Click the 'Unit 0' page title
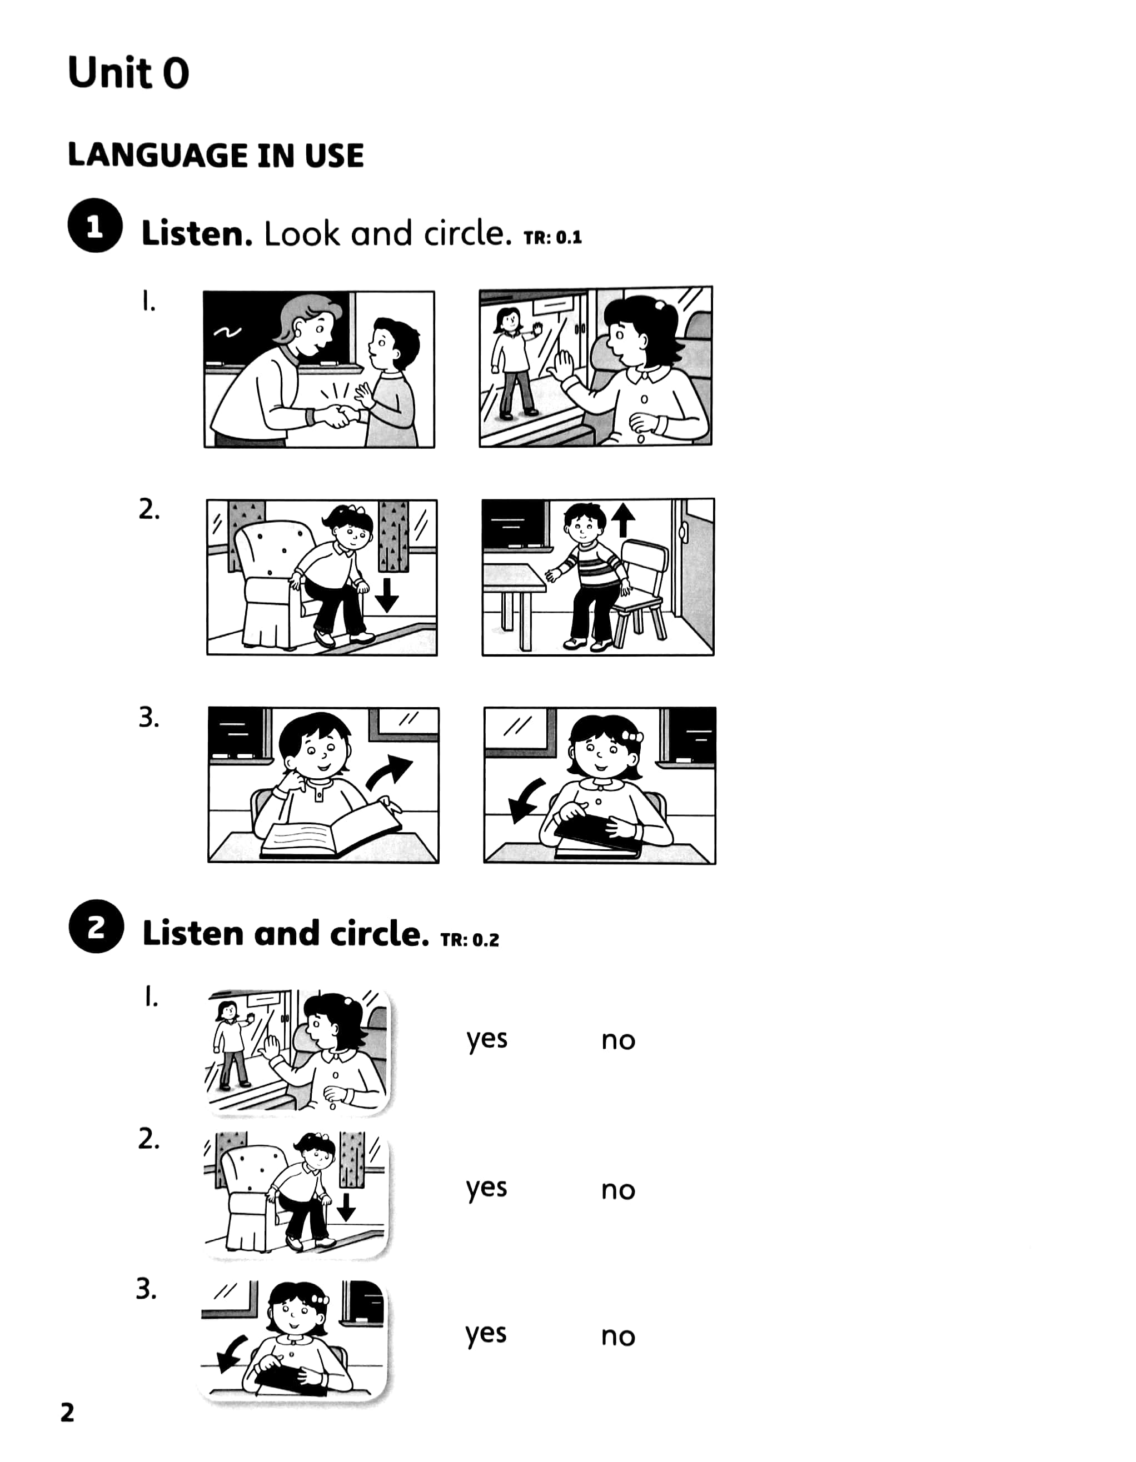pos(128,72)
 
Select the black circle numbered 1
pos(95,226)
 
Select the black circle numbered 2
pos(97,926)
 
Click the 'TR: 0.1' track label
pos(552,237)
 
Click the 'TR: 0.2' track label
pos(470,940)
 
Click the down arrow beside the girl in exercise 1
pos(386,595)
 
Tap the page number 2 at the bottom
pos(68,1413)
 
